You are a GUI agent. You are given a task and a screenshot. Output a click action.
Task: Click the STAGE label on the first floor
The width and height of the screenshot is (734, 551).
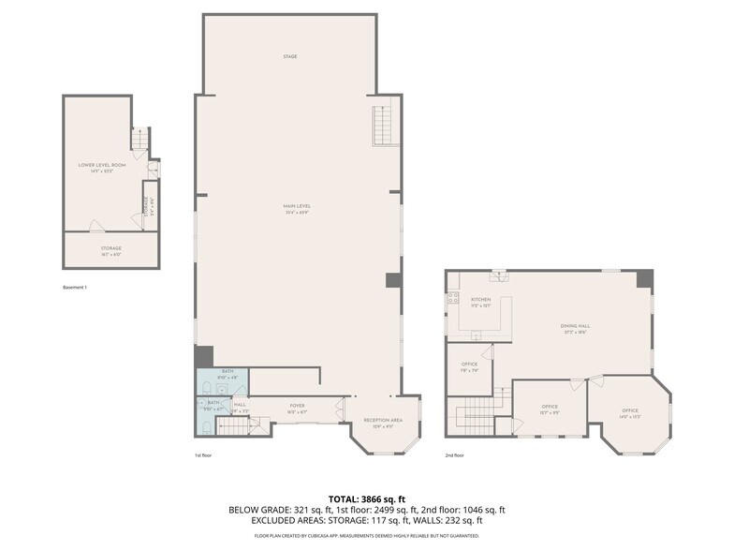click(x=290, y=56)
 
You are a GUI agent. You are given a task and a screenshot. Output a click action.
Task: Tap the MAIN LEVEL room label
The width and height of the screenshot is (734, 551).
click(x=298, y=207)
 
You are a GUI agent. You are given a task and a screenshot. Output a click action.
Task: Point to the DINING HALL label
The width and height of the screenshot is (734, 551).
click(x=575, y=328)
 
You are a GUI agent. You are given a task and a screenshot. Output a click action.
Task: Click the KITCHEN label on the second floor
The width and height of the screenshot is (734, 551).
click(x=480, y=302)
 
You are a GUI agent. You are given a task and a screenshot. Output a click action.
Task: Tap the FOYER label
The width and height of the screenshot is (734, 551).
click(x=297, y=408)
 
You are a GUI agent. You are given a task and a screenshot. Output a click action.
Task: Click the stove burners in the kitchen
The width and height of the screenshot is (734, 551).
click(x=453, y=298)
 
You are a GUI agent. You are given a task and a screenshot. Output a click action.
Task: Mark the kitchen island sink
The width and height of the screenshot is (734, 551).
click(x=477, y=335)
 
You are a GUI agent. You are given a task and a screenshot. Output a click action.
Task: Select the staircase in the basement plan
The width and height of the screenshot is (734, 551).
click(x=139, y=141)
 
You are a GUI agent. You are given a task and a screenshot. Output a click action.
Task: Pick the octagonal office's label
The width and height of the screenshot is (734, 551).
click(x=630, y=412)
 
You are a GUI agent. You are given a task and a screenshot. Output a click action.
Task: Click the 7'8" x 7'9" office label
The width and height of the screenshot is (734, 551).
click(x=469, y=366)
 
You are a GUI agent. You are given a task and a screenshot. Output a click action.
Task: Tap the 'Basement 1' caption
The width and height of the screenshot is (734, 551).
click(x=74, y=287)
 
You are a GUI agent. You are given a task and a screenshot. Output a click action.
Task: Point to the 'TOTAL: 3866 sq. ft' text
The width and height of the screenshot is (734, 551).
click(x=367, y=499)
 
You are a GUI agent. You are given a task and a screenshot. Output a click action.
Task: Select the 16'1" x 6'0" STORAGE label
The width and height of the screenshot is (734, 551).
click(x=111, y=250)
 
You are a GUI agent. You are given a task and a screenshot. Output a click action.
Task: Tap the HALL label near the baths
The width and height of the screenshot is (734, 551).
click(x=240, y=407)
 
